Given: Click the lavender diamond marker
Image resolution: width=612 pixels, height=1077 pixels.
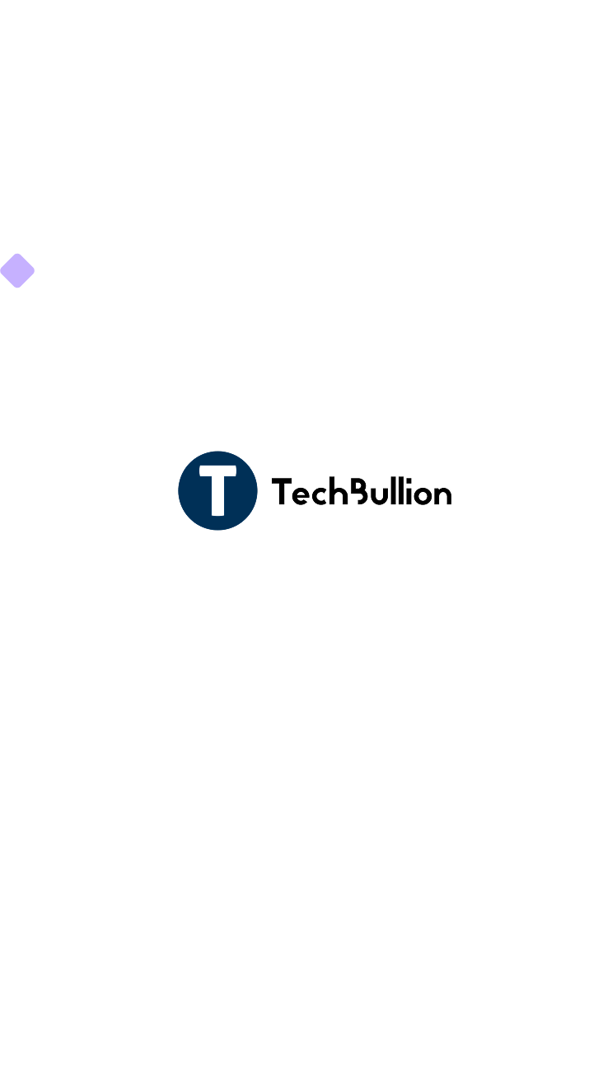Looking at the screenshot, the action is click(x=17, y=270).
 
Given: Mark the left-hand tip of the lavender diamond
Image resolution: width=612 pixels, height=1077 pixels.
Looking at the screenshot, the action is click(x=1, y=270).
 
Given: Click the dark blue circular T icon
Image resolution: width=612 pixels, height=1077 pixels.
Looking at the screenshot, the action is click(x=217, y=490).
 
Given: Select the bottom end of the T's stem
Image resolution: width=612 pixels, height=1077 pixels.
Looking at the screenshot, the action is click(x=217, y=513).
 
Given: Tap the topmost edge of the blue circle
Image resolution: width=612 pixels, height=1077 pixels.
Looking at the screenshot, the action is click(x=217, y=452).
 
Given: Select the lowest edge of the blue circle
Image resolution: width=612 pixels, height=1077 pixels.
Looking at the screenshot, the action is click(x=217, y=530).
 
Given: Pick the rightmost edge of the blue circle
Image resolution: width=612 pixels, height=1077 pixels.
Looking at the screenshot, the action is click(x=257, y=490).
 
